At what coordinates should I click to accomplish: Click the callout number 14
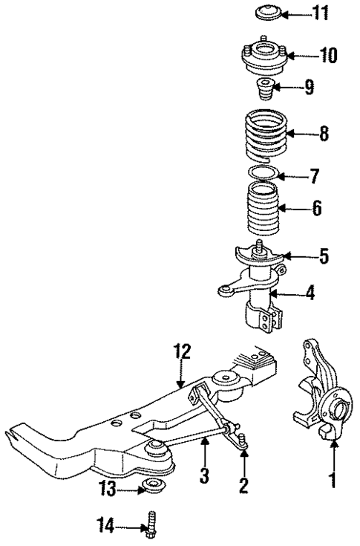[107, 527]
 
